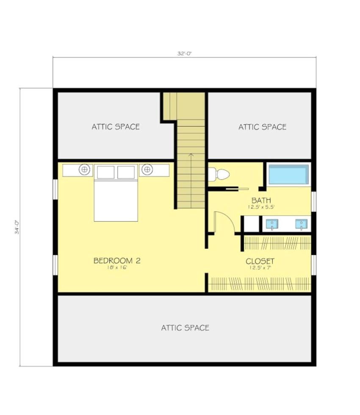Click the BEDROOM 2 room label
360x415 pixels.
click(x=116, y=261)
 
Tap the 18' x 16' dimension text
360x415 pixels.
click(x=116, y=268)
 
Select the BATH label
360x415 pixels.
click(x=261, y=200)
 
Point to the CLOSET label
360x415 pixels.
click(x=260, y=261)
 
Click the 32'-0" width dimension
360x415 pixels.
click(x=185, y=54)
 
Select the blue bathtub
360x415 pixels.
click(x=288, y=175)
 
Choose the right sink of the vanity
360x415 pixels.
click(x=301, y=223)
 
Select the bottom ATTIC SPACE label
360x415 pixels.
click(x=185, y=328)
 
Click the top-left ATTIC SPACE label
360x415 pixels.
click(x=116, y=127)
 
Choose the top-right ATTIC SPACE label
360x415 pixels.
click(x=262, y=127)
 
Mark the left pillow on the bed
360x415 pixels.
click(x=105, y=172)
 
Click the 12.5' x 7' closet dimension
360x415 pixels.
click(x=260, y=268)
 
